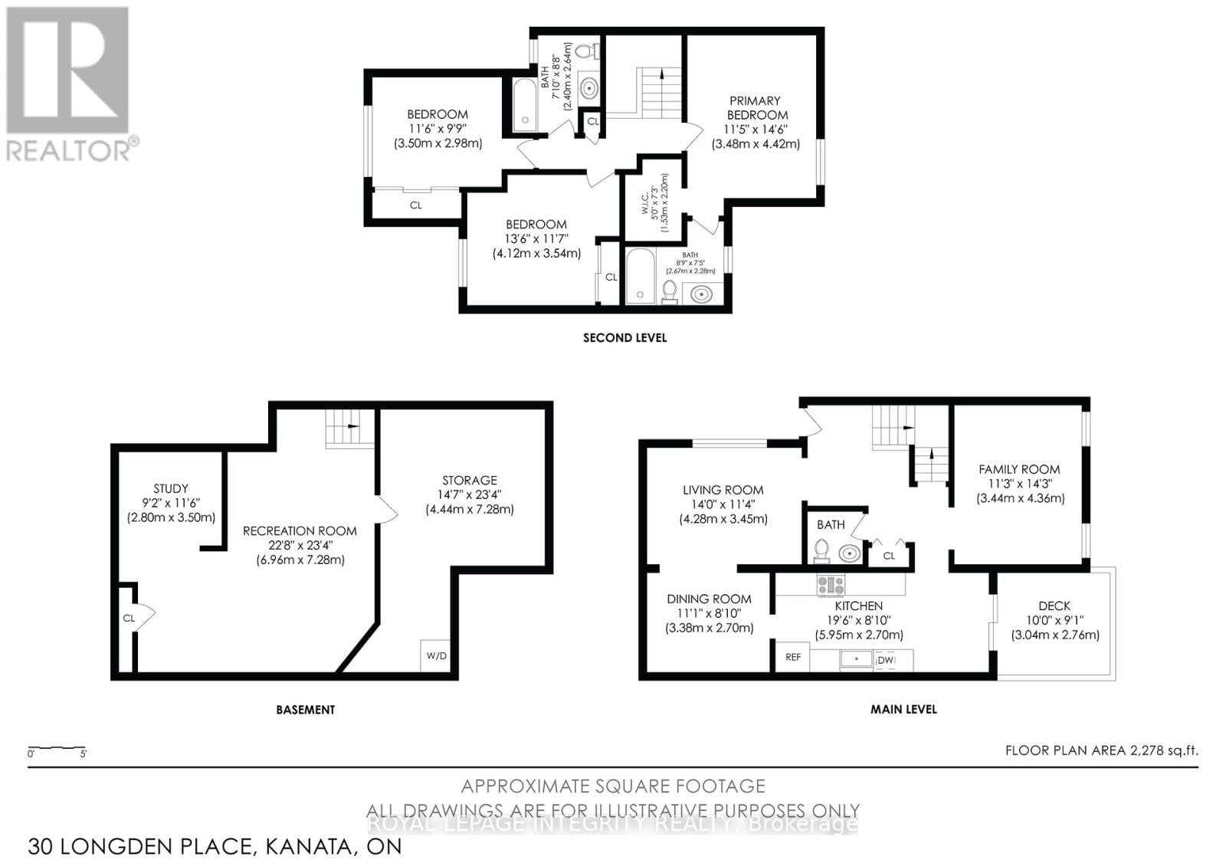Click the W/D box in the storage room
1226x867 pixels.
(437, 656)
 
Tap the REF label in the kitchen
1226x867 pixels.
(793, 657)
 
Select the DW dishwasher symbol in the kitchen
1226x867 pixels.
(886, 660)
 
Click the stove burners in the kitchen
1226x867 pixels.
(831, 586)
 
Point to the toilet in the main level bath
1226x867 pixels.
(821, 550)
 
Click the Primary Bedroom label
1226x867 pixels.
(755, 108)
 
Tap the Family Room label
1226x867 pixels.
(1019, 469)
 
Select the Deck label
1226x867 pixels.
(1054, 606)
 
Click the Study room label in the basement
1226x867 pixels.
(171, 488)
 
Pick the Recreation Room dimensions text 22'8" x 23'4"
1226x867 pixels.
(300, 545)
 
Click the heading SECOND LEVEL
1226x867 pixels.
(624, 337)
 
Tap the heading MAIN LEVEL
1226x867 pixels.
(903, 709)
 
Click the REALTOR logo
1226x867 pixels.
(69, 84)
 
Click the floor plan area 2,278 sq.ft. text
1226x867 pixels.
(1101, 750)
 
